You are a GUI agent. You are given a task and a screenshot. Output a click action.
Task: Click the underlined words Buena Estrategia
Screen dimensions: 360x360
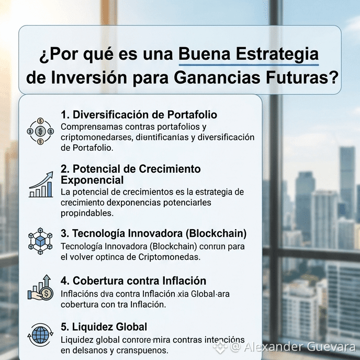249,54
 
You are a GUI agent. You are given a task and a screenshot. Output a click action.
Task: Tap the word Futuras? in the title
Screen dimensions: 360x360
302,78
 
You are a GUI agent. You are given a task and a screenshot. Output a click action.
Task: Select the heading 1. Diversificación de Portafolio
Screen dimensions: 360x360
139,115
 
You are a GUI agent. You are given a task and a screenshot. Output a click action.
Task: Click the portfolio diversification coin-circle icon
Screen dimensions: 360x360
40,131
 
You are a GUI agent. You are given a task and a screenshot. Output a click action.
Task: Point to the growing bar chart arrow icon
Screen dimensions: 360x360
41,184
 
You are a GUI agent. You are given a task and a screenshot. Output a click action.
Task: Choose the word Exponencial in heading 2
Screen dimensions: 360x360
92,180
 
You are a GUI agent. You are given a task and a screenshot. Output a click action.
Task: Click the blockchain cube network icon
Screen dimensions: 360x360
40,241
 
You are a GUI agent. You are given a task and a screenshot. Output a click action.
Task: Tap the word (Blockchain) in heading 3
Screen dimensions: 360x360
216,233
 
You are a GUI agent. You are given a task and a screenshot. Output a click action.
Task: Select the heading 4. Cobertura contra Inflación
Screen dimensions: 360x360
133,281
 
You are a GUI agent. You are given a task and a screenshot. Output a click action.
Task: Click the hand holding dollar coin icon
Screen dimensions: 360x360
40,287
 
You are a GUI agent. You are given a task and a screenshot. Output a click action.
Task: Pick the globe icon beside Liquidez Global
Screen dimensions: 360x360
40,335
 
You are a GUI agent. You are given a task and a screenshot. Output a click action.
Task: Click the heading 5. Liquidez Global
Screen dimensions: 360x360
104,327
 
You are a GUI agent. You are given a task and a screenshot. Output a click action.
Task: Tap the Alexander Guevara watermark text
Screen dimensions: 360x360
299,347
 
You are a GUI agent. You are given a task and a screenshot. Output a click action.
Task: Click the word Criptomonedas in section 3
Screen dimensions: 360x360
169,257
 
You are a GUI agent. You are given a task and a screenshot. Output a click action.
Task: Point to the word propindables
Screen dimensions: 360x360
87,213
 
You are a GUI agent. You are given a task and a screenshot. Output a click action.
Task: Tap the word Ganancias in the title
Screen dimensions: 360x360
217,78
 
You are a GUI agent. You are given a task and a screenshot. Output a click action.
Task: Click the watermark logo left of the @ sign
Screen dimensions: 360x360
220,347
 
